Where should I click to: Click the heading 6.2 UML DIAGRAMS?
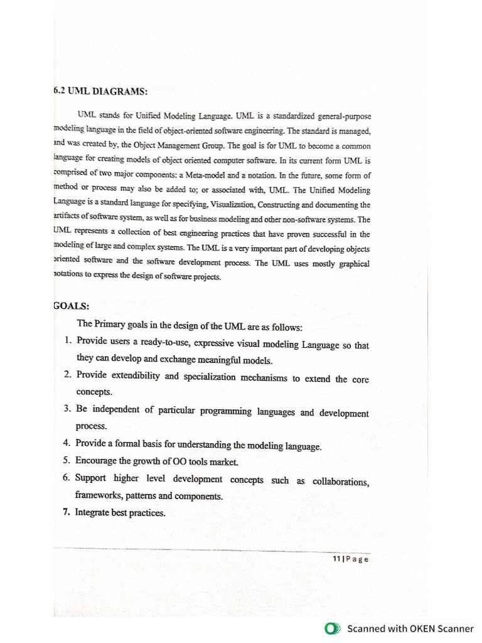[100, 91]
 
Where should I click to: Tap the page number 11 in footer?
[336, 559]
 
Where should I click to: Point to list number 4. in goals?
[67, 443]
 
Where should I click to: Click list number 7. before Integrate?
[66, 512]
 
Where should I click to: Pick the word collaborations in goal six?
[340, 482]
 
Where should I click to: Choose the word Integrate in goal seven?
[92, 512]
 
